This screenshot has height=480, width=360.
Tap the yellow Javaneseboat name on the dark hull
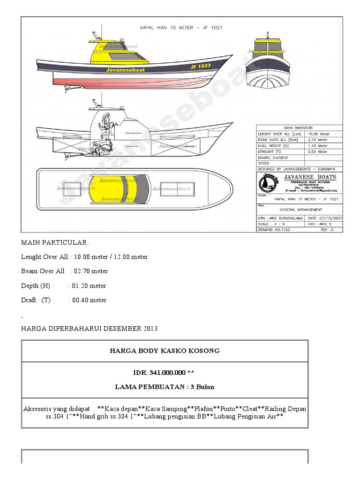[x=126, y=70]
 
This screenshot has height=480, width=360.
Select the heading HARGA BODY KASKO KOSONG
[x=165, y=351]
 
